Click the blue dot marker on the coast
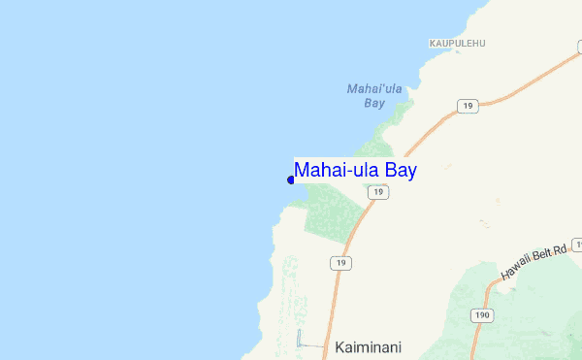tap(291, 179)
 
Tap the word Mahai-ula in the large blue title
tap(338, 171)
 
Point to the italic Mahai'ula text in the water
tap(374, 89)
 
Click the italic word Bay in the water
tap(374, 102)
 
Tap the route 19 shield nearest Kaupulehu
tap(469, 106)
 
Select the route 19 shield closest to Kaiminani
tap(339, 263)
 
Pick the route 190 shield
tap(482, 315)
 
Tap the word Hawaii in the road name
tap(515, 273)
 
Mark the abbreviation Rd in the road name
tap(562, 245)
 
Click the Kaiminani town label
tap(369, 346)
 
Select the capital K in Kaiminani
tap(339, 346)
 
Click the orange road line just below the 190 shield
tap(475, 340)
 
